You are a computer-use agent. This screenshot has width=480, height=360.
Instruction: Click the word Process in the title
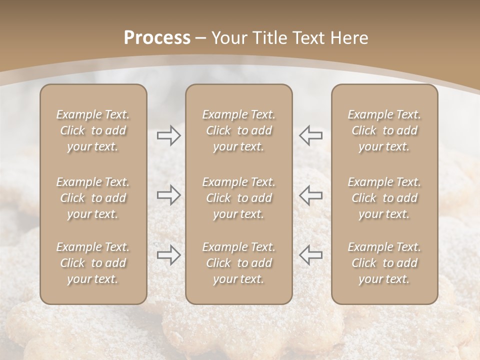[157, 38]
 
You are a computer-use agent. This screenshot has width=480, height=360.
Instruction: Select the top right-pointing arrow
[169, 135]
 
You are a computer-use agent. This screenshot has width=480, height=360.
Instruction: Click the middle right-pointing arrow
[169, 195]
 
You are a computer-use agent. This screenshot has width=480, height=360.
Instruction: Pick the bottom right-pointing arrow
[169, 255]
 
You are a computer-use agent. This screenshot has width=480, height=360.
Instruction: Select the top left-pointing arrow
[311, 135]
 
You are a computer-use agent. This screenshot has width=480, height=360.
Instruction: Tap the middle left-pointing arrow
[311, 195]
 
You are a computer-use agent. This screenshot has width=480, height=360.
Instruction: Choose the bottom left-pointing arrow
[311, 255]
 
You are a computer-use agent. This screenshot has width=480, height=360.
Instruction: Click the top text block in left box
[93, 130]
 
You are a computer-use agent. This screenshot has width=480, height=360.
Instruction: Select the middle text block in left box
[93, 198]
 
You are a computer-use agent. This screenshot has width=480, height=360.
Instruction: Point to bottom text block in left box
[93, 263]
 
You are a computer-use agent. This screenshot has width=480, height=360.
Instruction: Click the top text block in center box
[238, 130]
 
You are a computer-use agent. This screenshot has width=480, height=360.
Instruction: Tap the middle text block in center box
[238, 198]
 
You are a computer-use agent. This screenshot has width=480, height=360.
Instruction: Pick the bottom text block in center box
[238, 263]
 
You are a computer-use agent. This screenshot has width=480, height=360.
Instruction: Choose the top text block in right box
[384, 130]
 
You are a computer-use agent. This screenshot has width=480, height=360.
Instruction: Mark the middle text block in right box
[384, 198]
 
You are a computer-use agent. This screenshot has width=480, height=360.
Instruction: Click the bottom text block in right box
[384, 263]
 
